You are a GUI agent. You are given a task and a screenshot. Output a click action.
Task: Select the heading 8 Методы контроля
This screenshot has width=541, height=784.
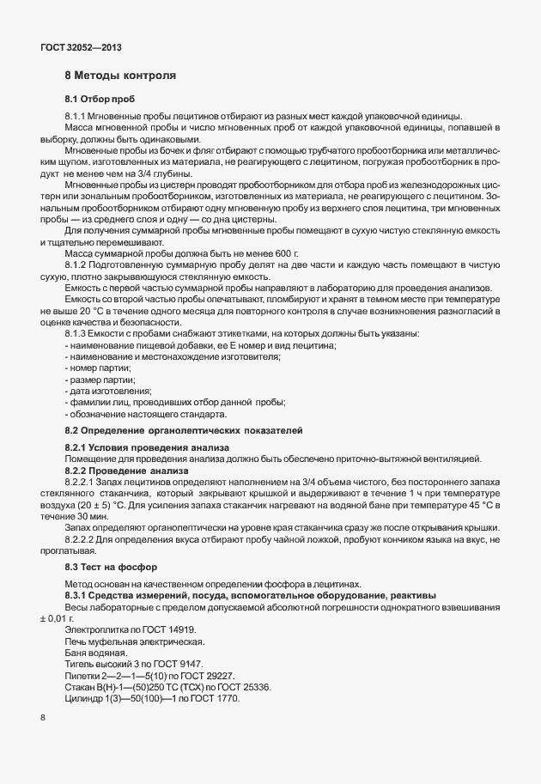coord(121,76)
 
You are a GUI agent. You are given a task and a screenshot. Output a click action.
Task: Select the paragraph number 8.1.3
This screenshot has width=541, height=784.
coord(77,332)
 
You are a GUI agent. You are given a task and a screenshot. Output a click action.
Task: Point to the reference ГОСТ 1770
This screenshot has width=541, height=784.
coord(215,698)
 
